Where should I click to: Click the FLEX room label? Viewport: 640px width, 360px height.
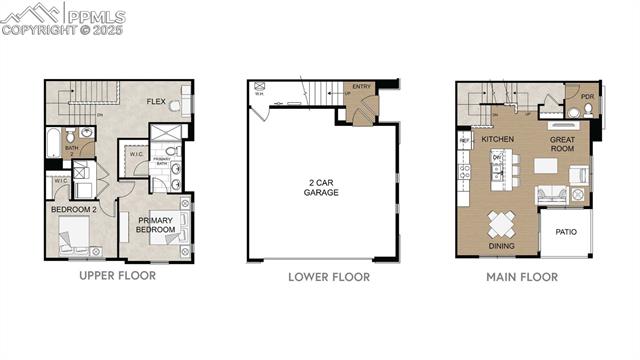tap(156, 102)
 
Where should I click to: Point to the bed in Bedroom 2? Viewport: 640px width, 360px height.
tap(73, 238)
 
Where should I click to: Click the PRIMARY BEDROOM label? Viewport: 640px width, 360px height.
tap(156, 225)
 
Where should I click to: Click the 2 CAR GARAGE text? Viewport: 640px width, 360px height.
tap(321, 188)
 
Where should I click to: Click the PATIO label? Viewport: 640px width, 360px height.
tap(567, 232)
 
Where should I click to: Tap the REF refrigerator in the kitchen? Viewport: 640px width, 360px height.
tap(464, 142)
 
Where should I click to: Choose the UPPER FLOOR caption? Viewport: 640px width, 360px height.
tap(117, 276)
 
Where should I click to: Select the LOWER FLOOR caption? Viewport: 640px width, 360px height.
tap(329, 277)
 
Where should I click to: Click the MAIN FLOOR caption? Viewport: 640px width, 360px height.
tap(522, 277)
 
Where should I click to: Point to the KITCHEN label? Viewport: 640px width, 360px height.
tap(497, 140)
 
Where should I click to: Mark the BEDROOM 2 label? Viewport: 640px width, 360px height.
tap(73, 210)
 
